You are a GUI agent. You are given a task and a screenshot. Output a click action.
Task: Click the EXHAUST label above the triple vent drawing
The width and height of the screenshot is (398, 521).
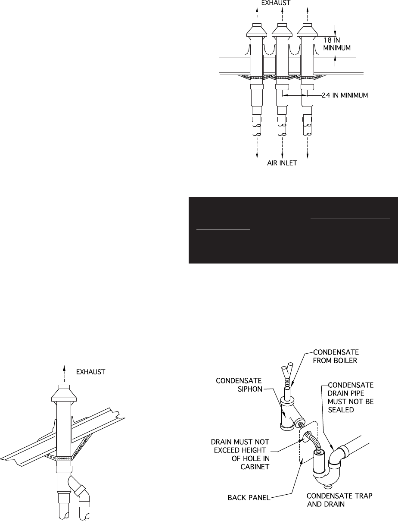point(283,3)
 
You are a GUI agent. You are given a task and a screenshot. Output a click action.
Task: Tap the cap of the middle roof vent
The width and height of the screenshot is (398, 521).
point(283,31)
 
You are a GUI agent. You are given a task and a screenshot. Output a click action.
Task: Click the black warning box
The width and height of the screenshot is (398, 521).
point(293,230)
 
